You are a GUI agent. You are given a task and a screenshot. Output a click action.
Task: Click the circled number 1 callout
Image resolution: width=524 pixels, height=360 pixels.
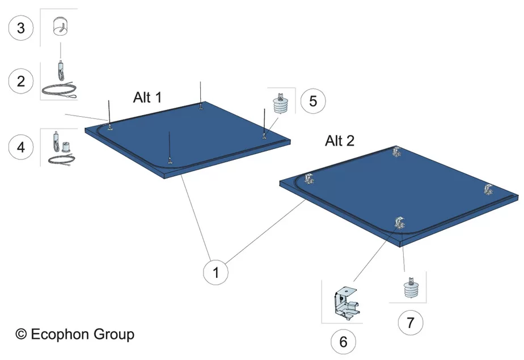(216, 272)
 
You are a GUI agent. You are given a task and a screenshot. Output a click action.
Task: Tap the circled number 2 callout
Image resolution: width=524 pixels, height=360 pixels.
(21, 81)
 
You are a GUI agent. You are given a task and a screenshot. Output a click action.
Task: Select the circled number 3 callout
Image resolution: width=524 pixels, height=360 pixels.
(21, 28)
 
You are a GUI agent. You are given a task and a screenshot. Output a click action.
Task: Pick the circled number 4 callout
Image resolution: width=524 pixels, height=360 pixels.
(21, 147)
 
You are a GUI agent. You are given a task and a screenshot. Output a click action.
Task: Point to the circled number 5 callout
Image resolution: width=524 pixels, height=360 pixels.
(313, 101)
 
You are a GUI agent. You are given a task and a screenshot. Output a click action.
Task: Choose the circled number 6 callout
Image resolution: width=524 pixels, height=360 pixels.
(343, 342)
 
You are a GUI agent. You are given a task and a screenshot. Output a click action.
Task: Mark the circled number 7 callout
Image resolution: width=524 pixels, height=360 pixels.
(411, 323)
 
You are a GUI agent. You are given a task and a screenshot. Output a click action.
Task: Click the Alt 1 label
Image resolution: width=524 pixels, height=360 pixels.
(147, 98)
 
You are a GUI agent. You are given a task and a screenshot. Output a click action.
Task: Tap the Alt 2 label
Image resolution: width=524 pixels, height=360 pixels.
(340, 141)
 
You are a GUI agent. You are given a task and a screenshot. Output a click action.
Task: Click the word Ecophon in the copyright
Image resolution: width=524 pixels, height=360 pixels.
(61, 334)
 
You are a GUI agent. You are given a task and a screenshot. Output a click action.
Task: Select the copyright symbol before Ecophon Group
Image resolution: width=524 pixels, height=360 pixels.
(21, 334)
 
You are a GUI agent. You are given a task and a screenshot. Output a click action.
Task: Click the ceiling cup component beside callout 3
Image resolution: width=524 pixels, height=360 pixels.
(61, 26)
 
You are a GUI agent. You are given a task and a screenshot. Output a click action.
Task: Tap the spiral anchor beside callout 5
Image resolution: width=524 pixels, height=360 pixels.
(280, 104)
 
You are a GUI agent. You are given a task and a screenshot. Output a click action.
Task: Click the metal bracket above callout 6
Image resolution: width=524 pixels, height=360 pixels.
(347, 302)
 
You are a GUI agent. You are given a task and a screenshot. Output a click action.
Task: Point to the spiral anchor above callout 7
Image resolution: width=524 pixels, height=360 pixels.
(411, 287)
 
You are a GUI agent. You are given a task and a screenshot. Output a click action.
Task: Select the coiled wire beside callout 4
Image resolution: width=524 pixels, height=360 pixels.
(61, 160)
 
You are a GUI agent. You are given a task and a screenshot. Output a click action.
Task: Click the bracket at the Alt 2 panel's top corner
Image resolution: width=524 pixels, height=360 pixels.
(396, 151)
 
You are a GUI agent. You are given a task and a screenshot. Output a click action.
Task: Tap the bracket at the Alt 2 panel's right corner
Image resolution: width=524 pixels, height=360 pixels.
(489, 190)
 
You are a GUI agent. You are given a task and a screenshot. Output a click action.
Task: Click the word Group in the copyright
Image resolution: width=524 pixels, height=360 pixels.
(114, 334)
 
